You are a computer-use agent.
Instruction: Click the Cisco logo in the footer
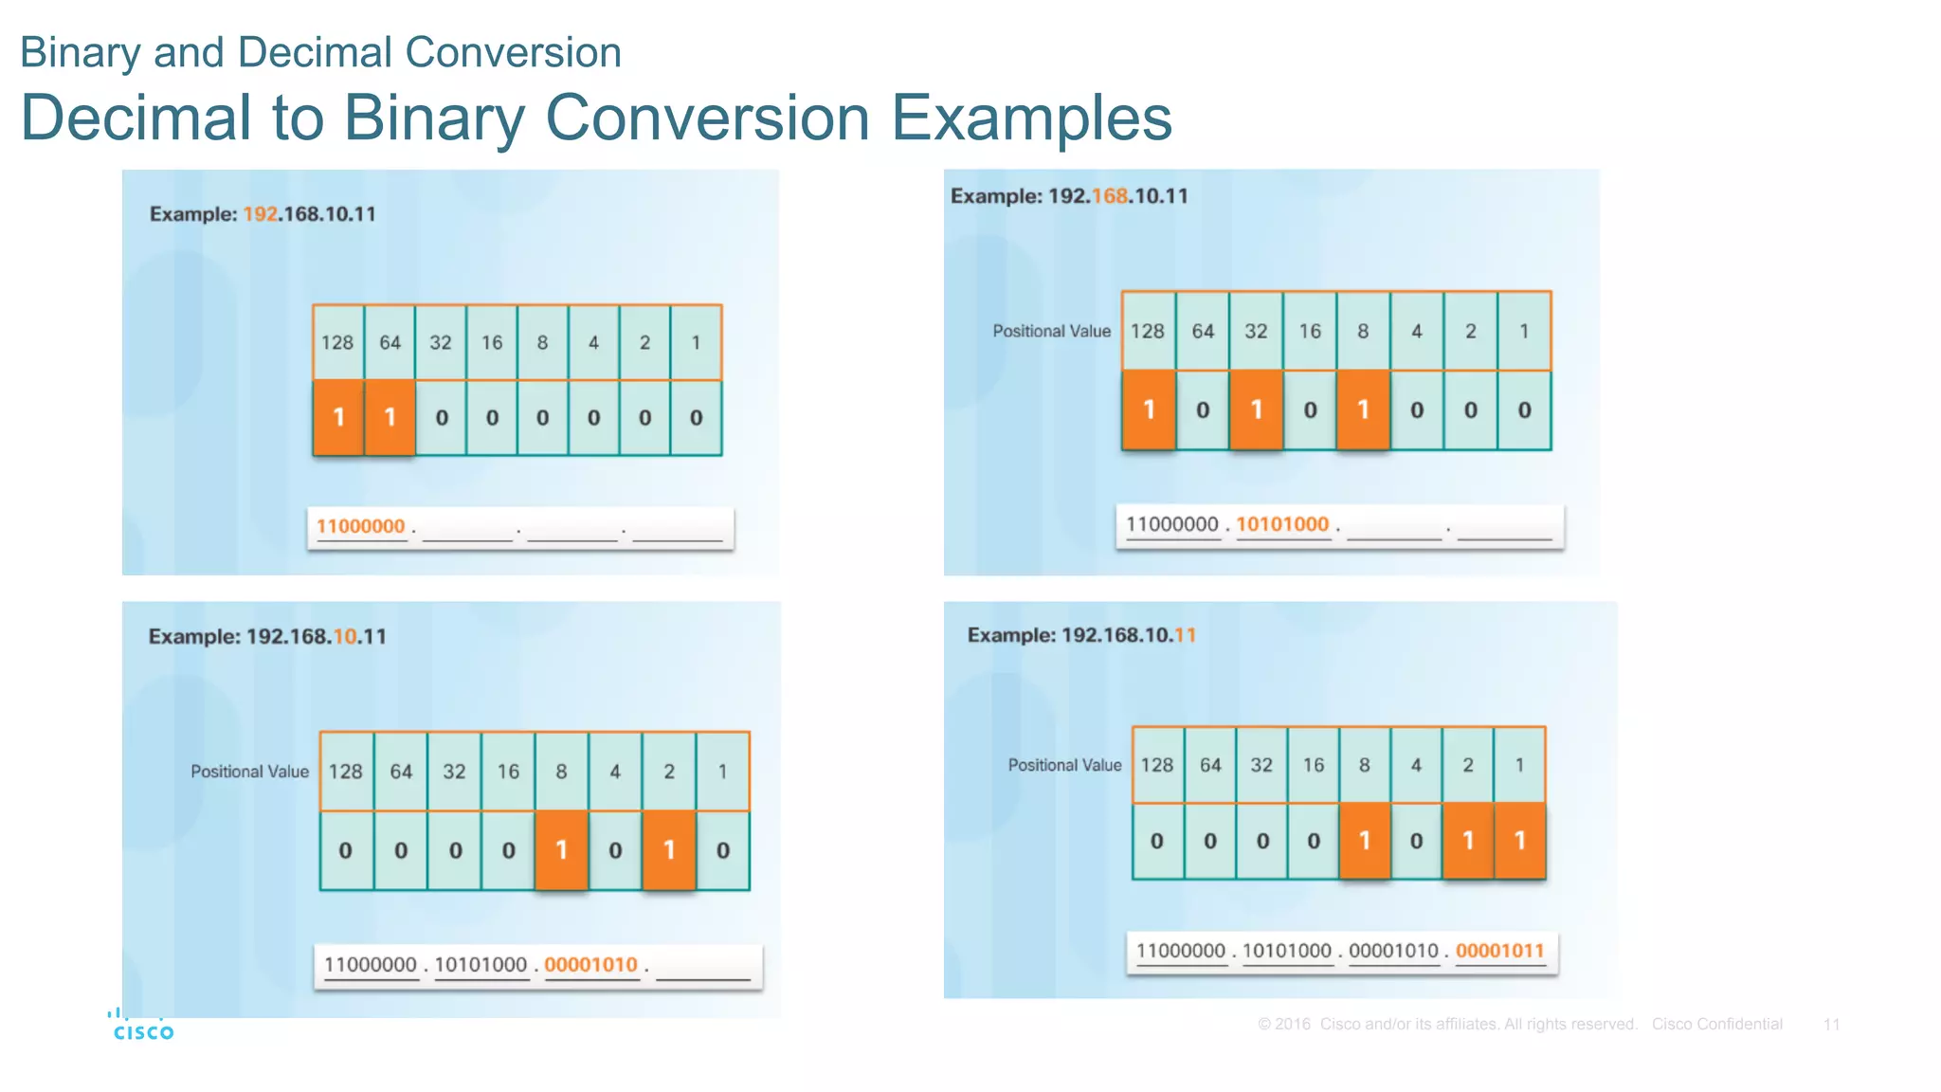click(x=143, y=1028)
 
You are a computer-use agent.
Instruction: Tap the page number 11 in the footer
click(x=1831, y=1024)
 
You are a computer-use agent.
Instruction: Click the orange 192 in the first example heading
click(x=260, y=214)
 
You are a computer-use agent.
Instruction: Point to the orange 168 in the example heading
click(x=1109, y=196)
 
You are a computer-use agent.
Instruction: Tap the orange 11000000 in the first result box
click(x=360, y=526)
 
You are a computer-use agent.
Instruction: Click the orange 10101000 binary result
click(x=1282, y=524)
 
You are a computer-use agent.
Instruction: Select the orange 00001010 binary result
click(x=590, y=965)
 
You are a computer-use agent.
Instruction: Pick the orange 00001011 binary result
click(x=1499, y=951)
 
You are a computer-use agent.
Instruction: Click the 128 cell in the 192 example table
click(x=337, y=342)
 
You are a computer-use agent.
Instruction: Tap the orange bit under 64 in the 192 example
click(x=390, y=417)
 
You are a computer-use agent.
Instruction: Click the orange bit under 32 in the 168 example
click(x=1256, y=409)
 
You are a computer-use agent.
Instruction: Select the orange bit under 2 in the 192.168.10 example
click(x=669, y=850)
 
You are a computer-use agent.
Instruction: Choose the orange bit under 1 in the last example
click(x=1519, y=841)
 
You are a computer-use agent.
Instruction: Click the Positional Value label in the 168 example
click(x=1051, y=331)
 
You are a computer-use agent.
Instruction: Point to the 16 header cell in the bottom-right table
click(x=1313, y=765)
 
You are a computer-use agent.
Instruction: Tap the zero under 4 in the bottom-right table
click(x=1416, y=841)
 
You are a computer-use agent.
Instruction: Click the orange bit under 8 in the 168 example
click(x=1363, y=409)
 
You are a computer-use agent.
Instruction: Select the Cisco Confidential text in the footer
click(x=1716, y=1024)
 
